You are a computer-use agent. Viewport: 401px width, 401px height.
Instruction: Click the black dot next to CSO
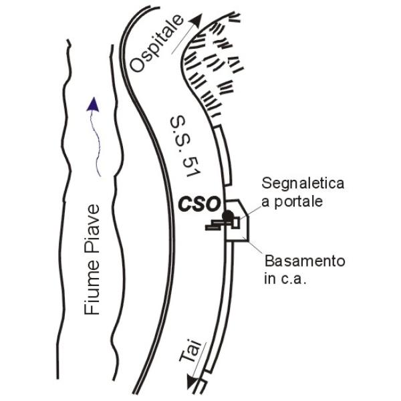tap(228, 216)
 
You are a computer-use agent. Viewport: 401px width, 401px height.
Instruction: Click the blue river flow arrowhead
tap(93, 104)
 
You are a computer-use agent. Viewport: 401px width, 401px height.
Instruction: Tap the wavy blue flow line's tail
tap(98, 175)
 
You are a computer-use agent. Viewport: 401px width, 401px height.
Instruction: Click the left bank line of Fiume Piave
tap(68, 200)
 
